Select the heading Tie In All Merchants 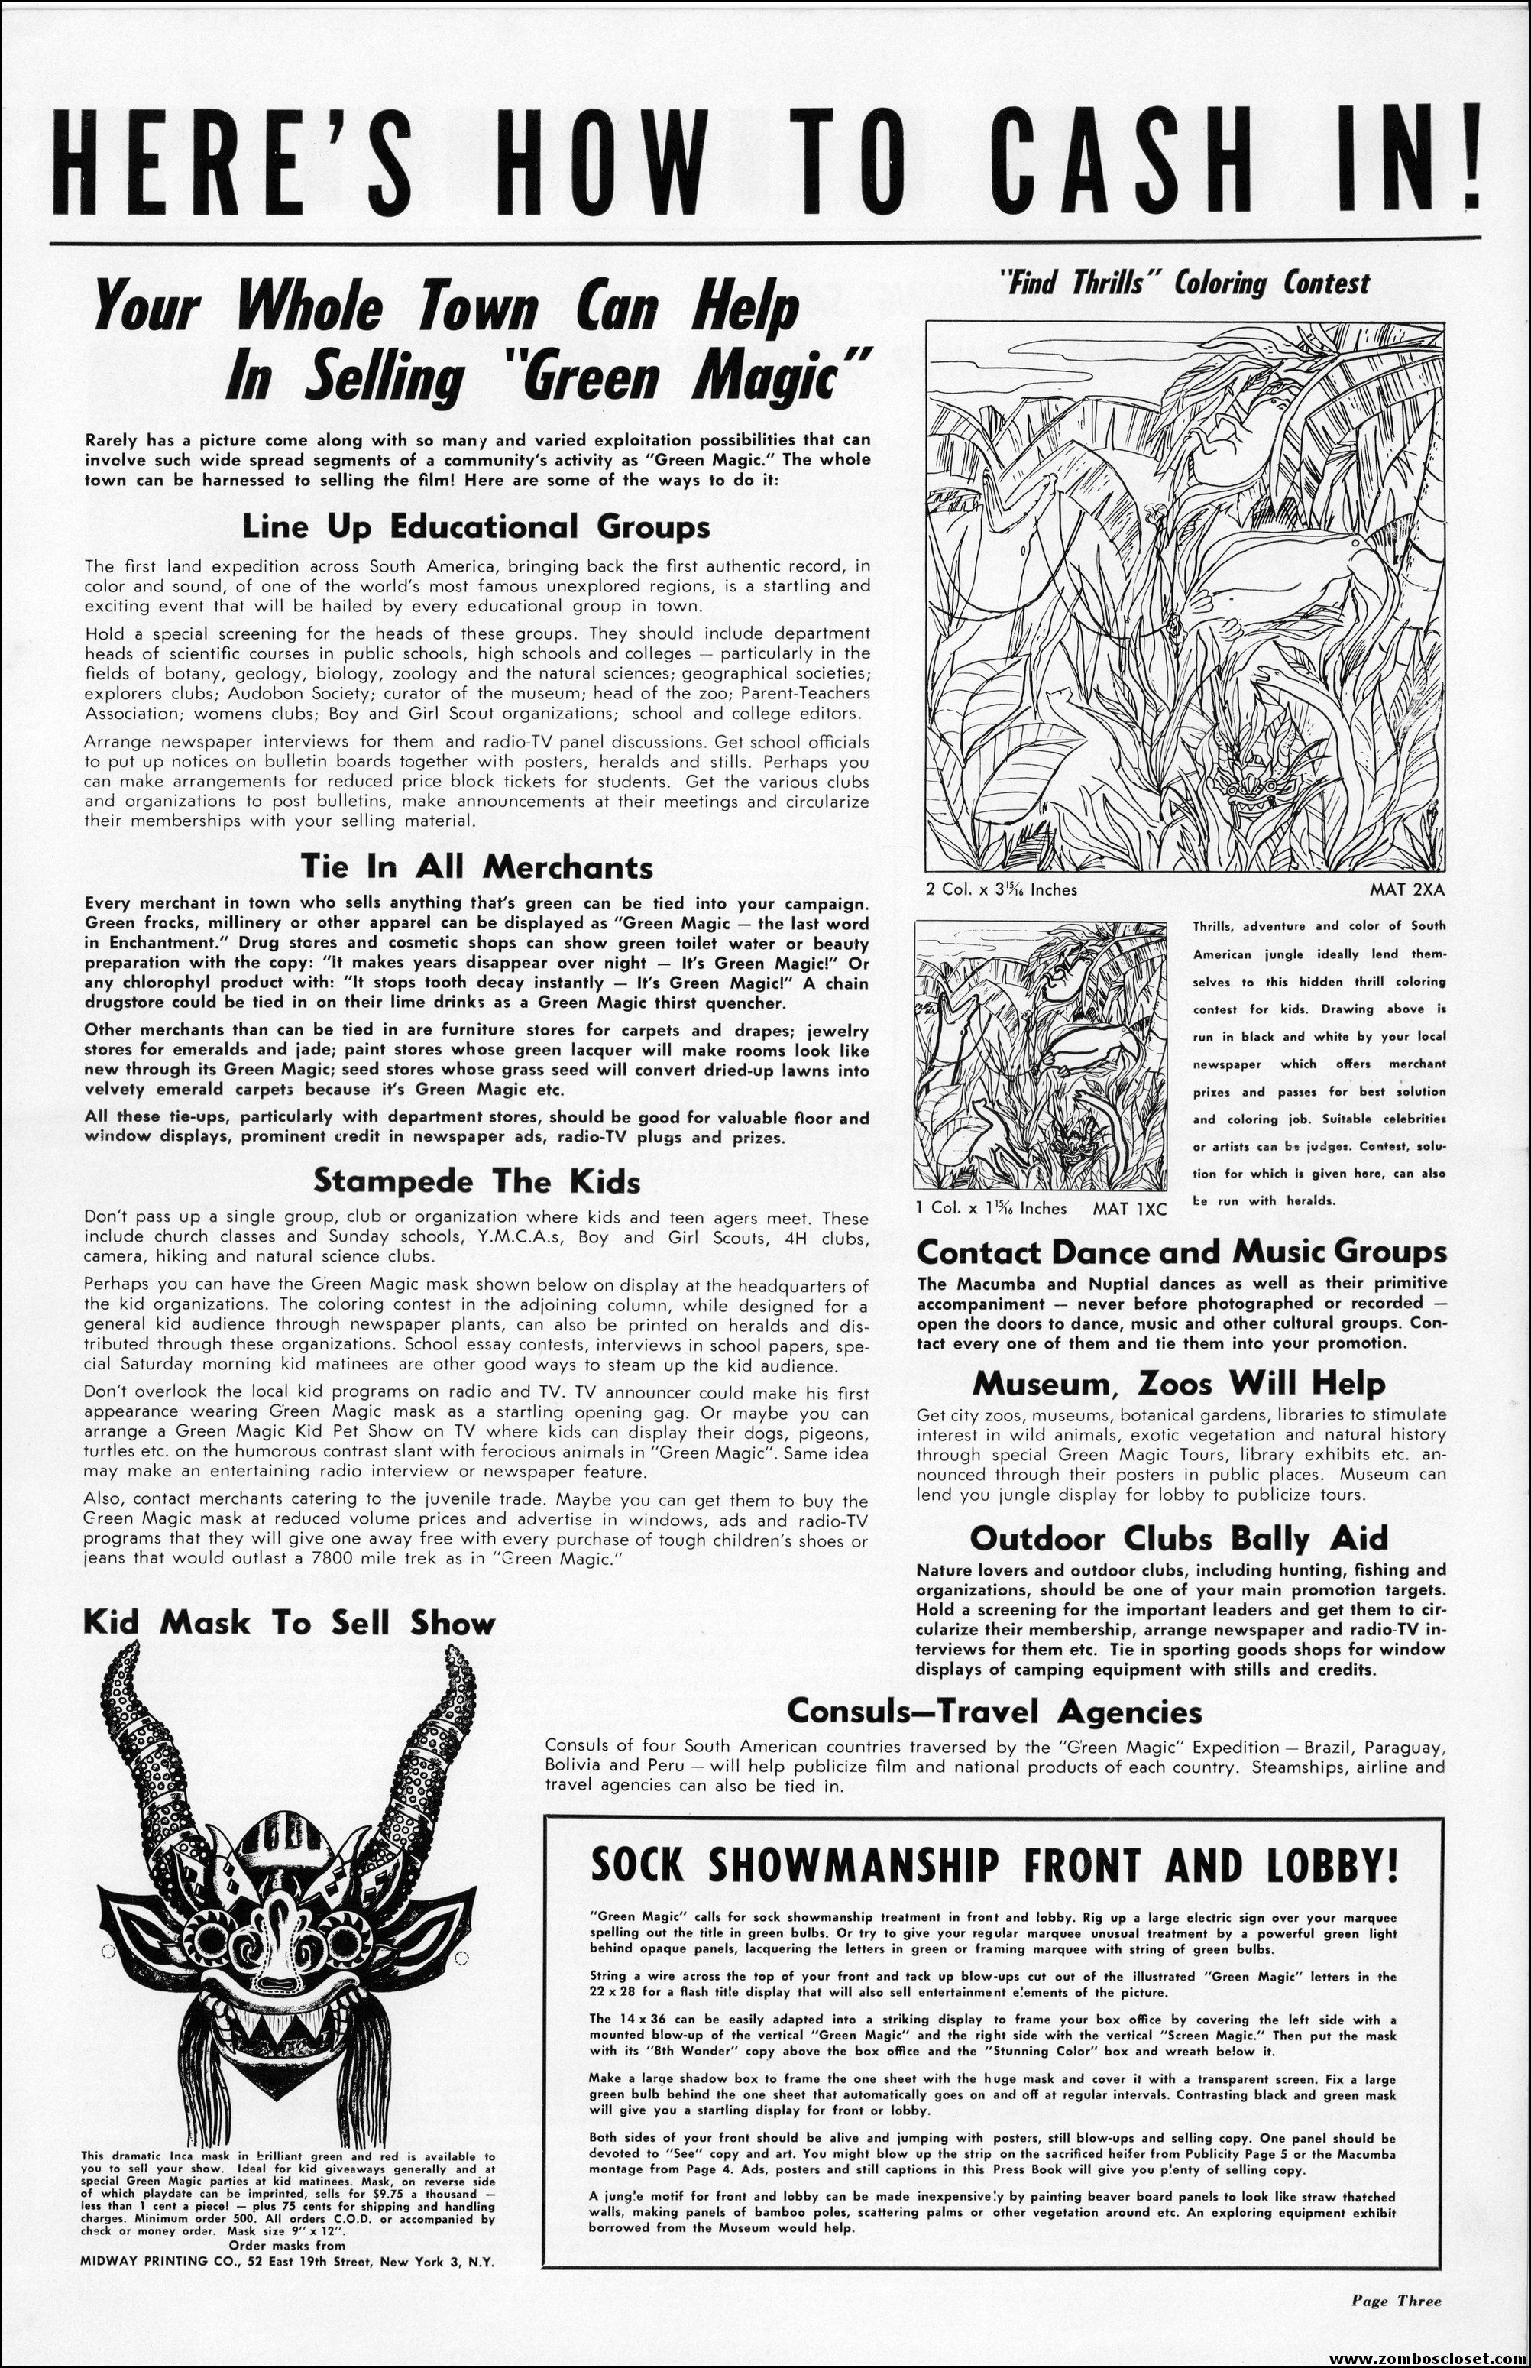coord(476,867)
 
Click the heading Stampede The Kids coord(476,1181)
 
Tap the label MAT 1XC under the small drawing coord(1129,1208)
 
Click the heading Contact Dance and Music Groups coord(1181,1252)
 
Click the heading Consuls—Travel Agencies coord(994,1711)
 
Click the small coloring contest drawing coord(1041,1056)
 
